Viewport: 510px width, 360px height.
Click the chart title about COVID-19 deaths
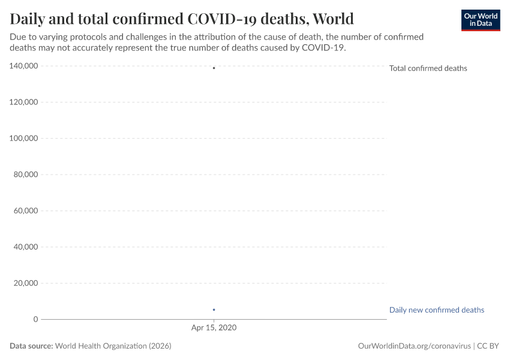[x=182, y=19]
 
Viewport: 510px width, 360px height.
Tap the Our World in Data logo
[x=480, y=20]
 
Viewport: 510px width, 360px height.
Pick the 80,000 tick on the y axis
[x=26, y=175]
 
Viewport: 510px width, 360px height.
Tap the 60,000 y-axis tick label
[x=26, y=211]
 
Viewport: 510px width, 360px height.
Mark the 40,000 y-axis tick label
[x=26, y=247]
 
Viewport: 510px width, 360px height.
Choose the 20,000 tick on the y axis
[x=26, y=283]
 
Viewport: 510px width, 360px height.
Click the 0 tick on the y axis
[x=36, y=319]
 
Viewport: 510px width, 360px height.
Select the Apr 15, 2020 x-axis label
[x=214, y=328]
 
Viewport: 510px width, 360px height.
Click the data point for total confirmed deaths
[x=214, y=68]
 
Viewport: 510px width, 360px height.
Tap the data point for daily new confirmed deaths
[x=214, y=310]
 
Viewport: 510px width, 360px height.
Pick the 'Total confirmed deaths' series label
[x=428, y=68]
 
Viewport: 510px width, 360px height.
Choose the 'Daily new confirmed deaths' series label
[x=436, y=310]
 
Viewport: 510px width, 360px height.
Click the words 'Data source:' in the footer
[x=31, y=346]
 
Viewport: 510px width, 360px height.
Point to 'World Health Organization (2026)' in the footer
[x=113, y=346]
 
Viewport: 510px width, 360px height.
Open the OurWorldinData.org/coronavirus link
[x=414, y=346]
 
